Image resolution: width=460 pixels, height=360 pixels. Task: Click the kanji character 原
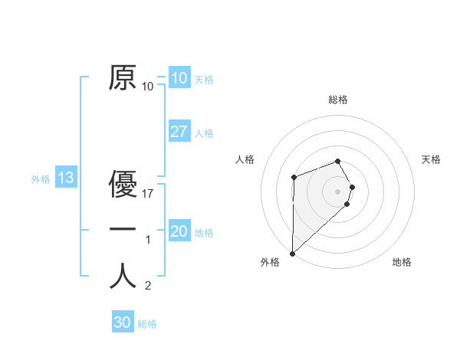[123, 78]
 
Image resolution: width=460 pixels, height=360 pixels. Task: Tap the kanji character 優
[123, 185]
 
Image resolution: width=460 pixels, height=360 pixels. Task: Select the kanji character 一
[123, 230]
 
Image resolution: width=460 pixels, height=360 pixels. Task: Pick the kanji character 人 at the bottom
[123, 277]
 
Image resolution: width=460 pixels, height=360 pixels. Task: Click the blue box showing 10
[179, 77]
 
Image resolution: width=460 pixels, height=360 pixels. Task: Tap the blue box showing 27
[179, 132]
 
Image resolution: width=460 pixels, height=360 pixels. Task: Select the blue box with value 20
[179, 231]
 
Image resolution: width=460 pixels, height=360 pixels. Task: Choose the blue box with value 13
[65, 178]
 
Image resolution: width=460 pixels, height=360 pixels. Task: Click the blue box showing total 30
[122, 322]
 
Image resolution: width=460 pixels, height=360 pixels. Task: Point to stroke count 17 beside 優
[148, 194]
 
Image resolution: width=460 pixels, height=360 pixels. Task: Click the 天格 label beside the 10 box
[204, 80]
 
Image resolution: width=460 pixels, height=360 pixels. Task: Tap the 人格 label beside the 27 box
[204, 134]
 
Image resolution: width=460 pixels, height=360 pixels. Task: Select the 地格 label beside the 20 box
[204, 234]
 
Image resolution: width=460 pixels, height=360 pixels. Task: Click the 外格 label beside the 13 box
[41, 180]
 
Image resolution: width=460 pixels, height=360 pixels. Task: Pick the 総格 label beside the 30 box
[147, 324]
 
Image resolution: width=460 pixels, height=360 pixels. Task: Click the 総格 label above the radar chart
[338, 100]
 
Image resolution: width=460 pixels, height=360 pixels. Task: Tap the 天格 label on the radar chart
[431, 159]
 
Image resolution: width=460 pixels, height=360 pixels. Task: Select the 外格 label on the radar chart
[270, 262]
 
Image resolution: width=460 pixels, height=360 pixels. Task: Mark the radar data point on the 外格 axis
[292, 253]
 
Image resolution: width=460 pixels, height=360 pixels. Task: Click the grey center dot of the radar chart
[338, 191]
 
